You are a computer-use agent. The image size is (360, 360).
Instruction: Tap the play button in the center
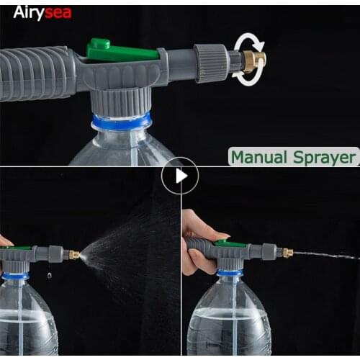point(179,176)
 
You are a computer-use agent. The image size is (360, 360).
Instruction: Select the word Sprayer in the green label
point(324,158)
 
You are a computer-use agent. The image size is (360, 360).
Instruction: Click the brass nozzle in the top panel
point(253,60)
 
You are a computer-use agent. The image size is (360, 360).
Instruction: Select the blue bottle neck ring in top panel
point(120,121)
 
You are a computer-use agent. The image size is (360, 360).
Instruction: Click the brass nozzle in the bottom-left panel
point(73,254)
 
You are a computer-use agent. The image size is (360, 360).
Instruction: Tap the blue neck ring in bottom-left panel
point(15,276)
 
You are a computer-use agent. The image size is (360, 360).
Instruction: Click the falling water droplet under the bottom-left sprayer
point(49,275)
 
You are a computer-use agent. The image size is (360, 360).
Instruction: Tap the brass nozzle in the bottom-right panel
point(287,253)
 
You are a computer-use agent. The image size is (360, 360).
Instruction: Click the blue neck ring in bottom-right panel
point(228,273)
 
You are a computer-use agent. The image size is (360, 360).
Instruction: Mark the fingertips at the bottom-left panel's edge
point(5,240)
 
